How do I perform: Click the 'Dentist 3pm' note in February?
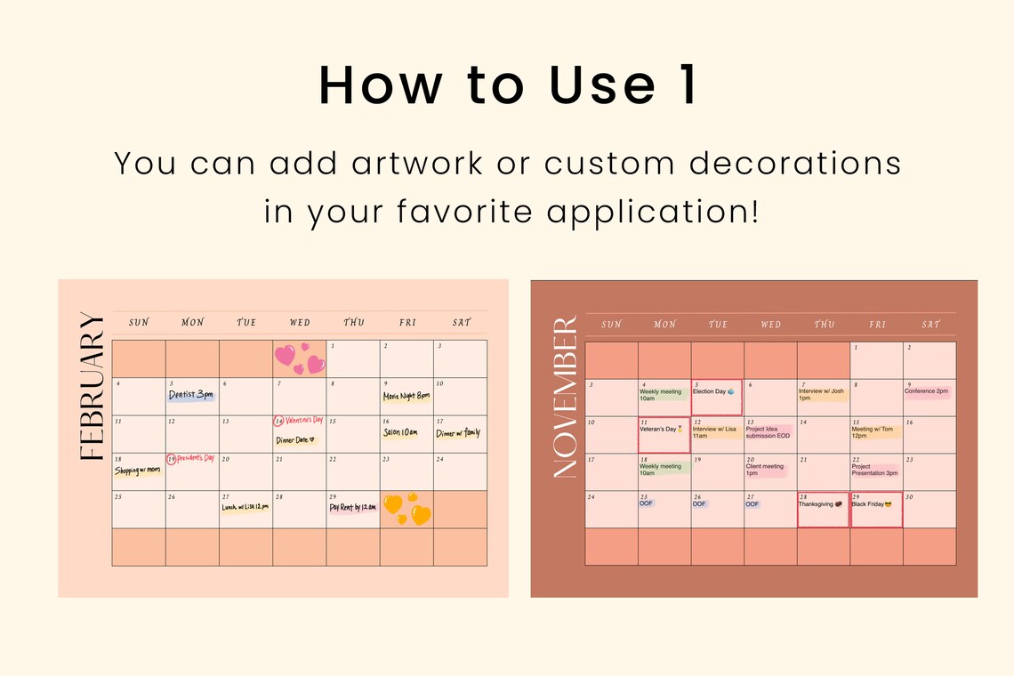pyautogui.click(x=191, y=395)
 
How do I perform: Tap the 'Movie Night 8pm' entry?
pyautogui.click(x=406, y=396)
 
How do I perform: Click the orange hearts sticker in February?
pyautogui.click(x=406, y=509)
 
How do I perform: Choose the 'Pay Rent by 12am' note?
pyautogui.click(x=353, y=508)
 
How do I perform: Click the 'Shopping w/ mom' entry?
pyautogui.click(x=138, y=471)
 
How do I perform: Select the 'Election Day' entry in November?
pyautogui.click(x=714, y=391)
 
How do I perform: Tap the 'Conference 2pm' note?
pyautogui.click(x=927, y=391)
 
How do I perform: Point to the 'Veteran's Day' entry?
pyautogui.click(x=661, y=430)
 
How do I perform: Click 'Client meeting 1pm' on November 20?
pyautogui.click(x=765, y=470)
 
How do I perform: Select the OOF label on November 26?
pyautogui.click(x=699, y=504)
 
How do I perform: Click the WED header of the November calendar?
pyautogui.click(x=770, y=325)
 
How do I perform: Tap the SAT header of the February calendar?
pyautogui.click(x=461, y=322)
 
